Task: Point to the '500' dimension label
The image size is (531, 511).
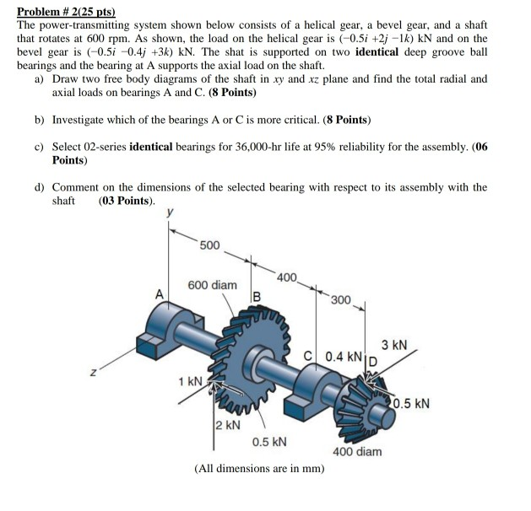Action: coord(209,245)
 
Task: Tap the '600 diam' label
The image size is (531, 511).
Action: coord(212,285)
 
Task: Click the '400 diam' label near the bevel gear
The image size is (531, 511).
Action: coord(357,452)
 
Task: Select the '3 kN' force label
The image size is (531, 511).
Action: coord(393,345)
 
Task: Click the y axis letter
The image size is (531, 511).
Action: coord(172,214)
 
